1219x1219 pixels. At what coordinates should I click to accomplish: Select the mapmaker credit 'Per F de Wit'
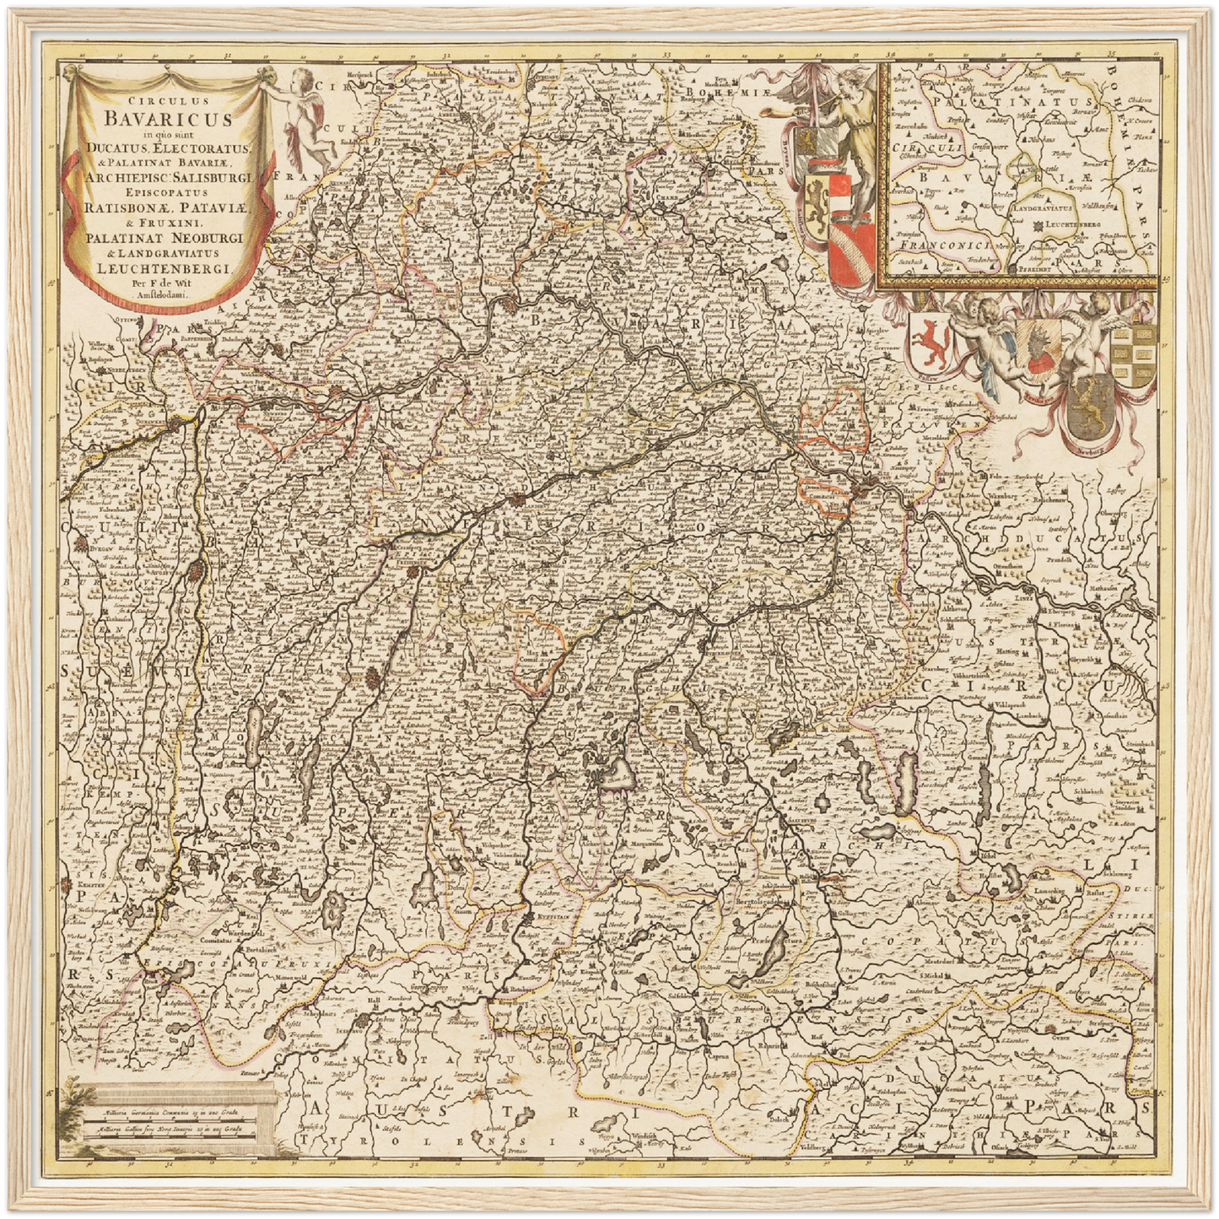click(x=165, y=283)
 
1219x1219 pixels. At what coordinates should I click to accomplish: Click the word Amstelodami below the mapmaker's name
click(x=165, y=294)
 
